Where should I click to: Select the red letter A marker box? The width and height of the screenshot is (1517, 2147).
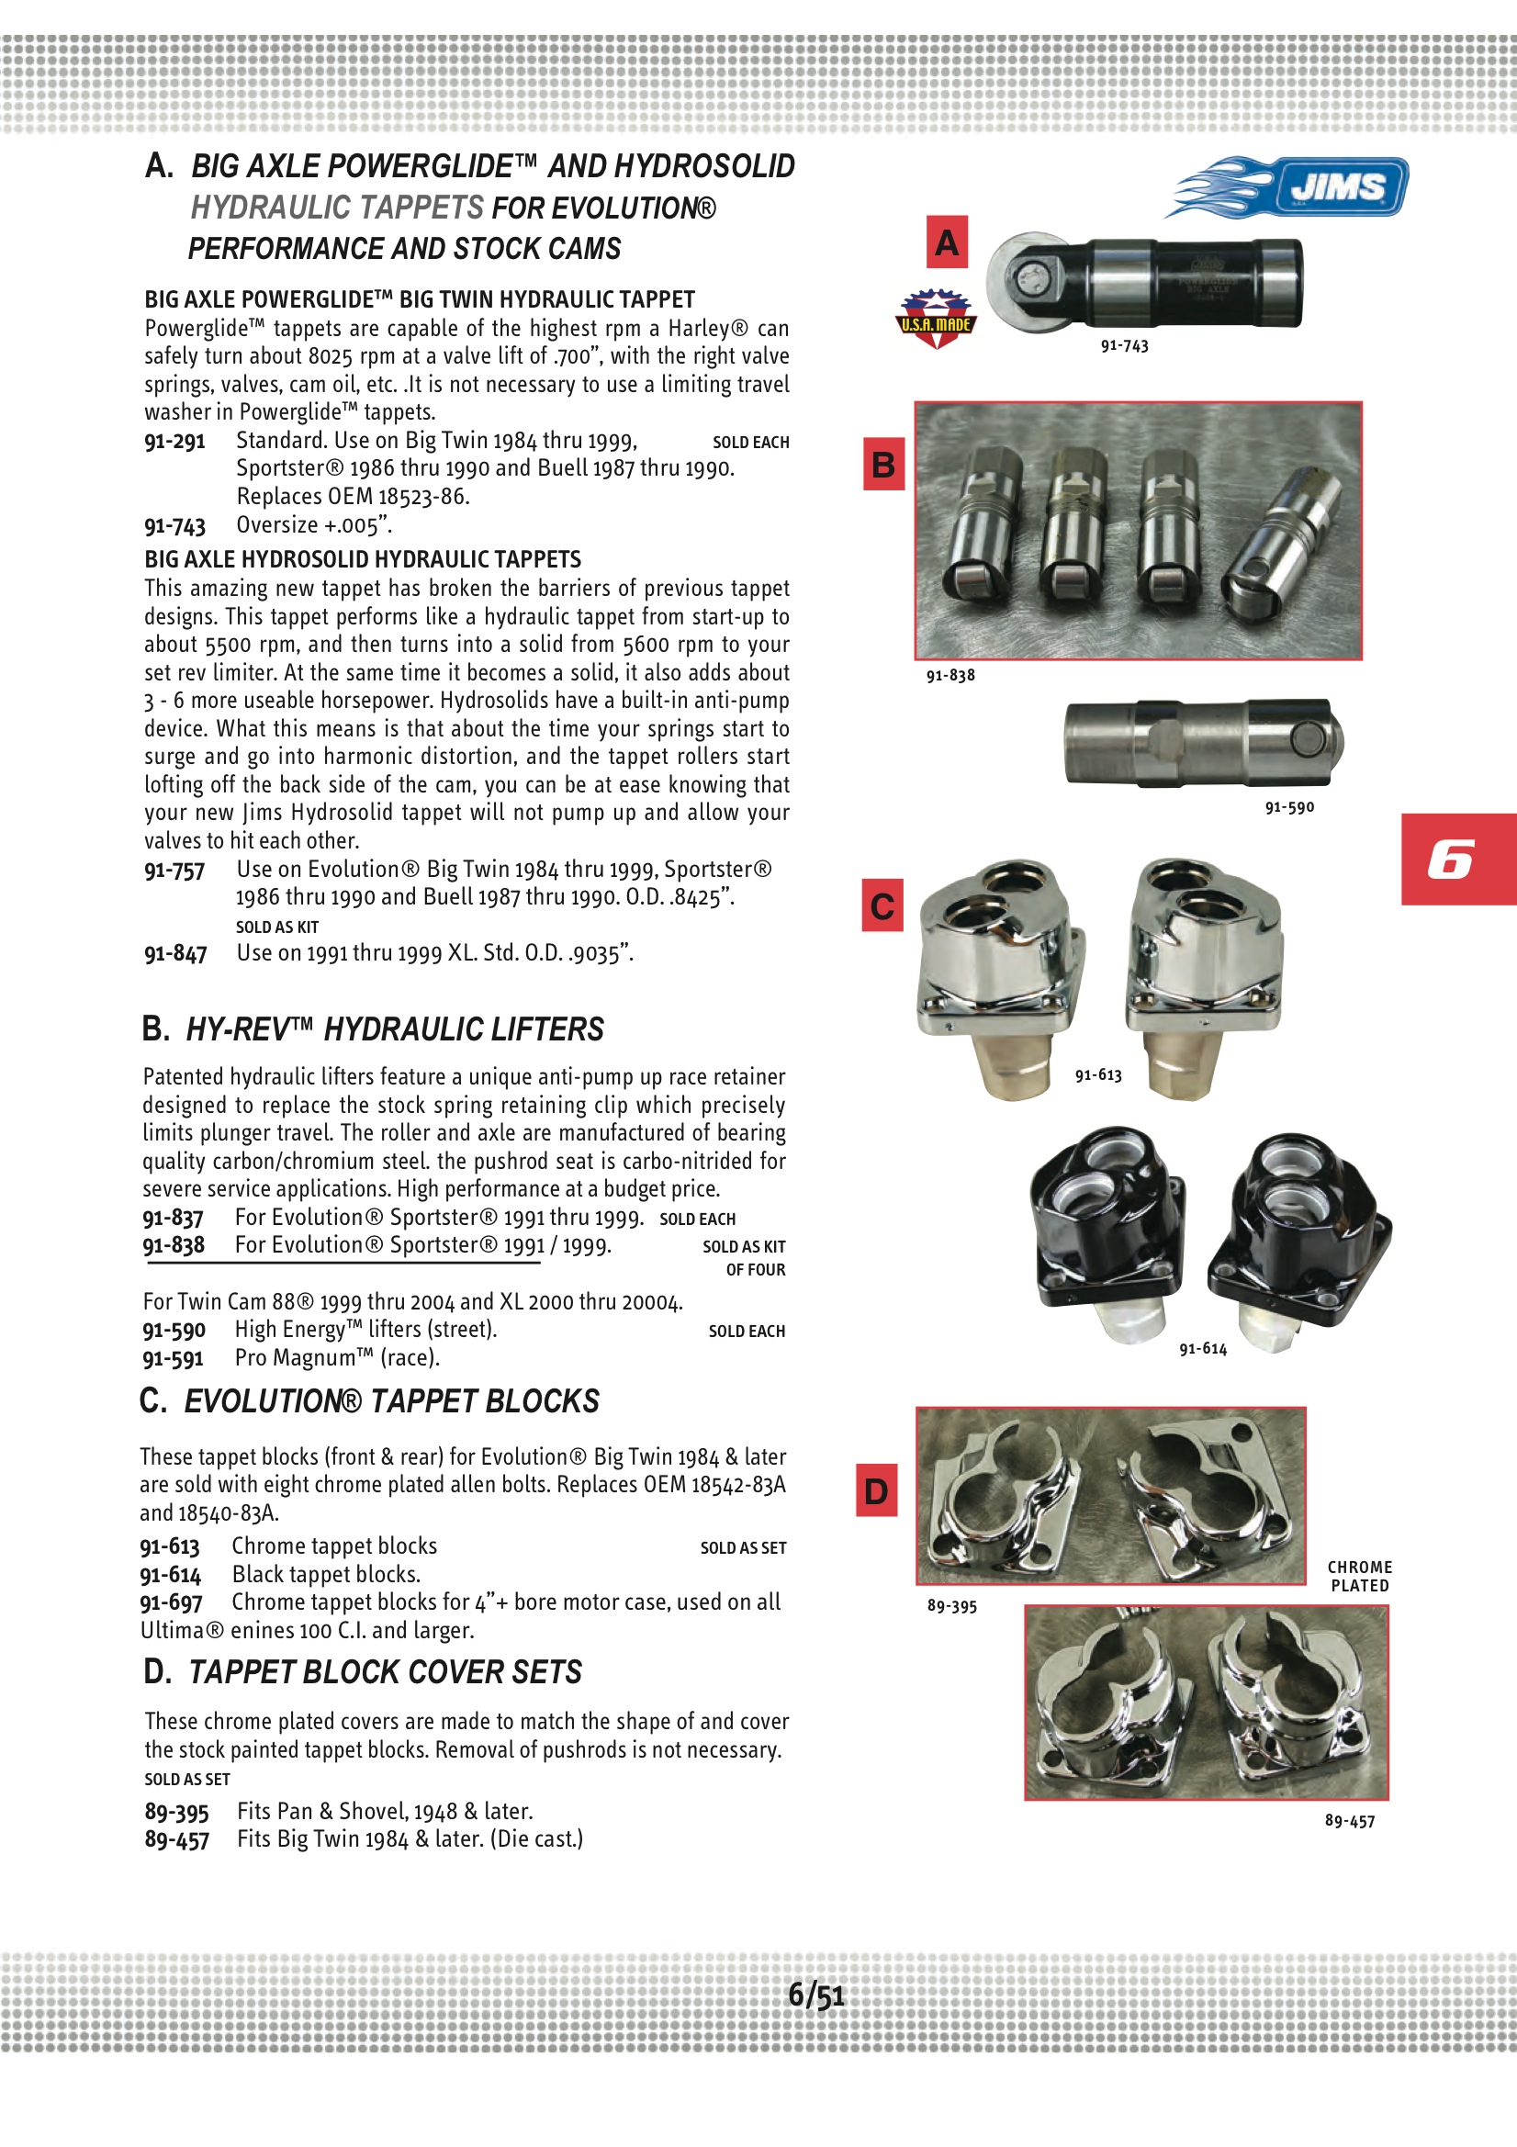(947, 243)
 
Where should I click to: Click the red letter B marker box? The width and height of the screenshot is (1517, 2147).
(882, 464)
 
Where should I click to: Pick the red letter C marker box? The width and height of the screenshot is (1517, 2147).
(882, 905)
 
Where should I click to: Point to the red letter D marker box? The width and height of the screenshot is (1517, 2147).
(876, 1490)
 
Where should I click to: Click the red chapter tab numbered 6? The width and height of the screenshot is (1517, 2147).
(1457, 860)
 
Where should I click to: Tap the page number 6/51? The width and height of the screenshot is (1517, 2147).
(815, 1995)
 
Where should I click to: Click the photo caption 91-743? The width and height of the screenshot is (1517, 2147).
(1124, 346)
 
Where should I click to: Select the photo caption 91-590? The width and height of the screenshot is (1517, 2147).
(1288, 807)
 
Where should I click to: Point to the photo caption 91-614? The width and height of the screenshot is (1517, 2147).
(1203, 1348)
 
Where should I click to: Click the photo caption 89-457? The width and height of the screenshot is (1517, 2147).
(1350, 1821)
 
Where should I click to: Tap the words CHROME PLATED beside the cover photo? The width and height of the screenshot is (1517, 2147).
(1360, 1576)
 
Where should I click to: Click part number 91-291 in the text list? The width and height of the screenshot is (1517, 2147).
(174, 442)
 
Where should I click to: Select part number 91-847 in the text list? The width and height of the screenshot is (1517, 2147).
(174, 954)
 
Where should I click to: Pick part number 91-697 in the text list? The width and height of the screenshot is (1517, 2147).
(171, 1602)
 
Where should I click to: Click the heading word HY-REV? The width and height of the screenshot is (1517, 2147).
(238, 1029)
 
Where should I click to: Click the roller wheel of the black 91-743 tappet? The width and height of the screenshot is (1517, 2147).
(1027, 280)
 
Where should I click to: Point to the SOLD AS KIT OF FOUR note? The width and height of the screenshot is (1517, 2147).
(745, 1258)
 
